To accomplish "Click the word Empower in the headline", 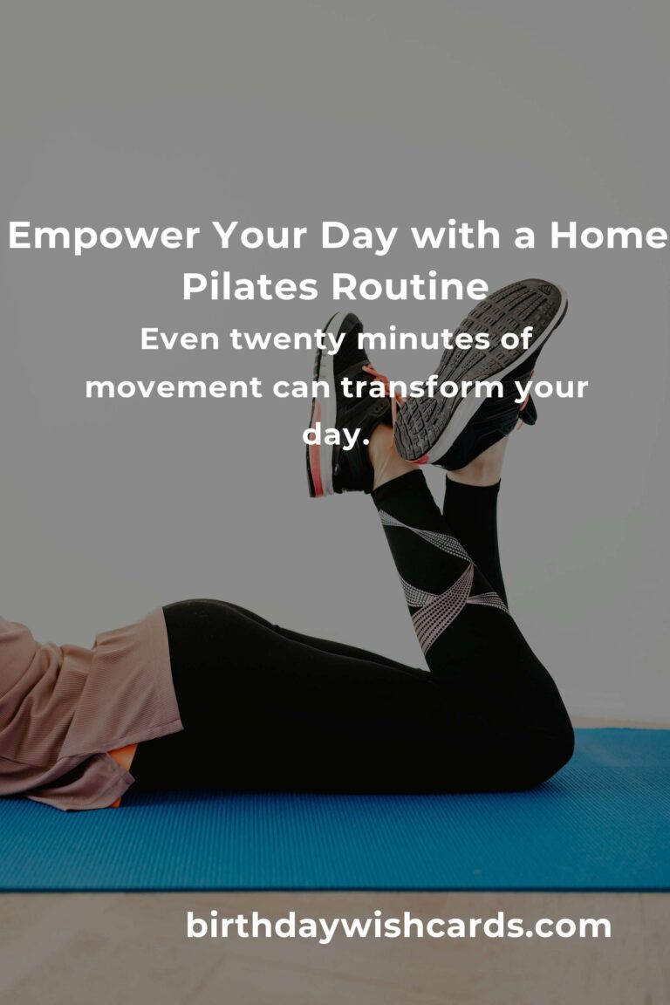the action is [104, 236].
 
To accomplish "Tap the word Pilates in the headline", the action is [250, 286].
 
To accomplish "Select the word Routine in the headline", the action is [410, 286].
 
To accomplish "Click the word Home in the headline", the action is [608, 236].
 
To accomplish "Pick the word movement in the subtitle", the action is [174, 387].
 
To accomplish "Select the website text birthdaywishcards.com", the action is [398, 926].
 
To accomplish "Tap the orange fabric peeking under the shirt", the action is [124, 766].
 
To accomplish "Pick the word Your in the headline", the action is [260, 236].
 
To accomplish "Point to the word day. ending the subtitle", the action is [335, 436].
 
